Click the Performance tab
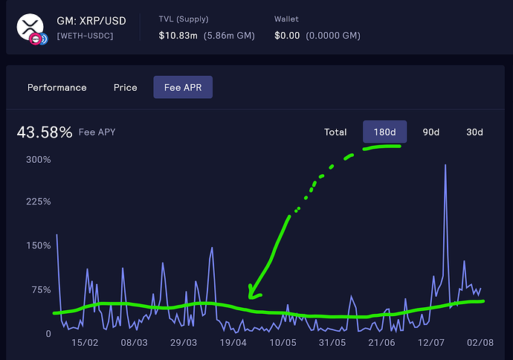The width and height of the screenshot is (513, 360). [57, 88]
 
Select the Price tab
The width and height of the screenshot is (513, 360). [126, 88]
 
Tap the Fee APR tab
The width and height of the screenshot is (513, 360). [183, 88]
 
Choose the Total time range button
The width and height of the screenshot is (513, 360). [335, 132]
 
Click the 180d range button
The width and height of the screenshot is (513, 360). [384, 132]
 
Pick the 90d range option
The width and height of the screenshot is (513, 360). [431, 132]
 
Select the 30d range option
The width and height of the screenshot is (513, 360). [474, 132]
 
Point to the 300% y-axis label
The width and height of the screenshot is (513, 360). [38, 159]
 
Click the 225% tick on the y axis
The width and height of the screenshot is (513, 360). [38, 202]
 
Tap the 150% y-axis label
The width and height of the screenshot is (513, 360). [38, 245]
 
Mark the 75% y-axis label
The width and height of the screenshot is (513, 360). [41, 289]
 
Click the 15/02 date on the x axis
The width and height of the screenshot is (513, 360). [85, 343]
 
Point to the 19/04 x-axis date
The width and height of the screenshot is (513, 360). [233, 343]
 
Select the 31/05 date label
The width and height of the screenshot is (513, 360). [332, 343]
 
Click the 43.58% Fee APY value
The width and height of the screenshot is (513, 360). [45, 132]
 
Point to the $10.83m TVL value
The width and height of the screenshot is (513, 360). [181, 35]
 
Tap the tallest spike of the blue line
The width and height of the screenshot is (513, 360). [445, 165]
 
